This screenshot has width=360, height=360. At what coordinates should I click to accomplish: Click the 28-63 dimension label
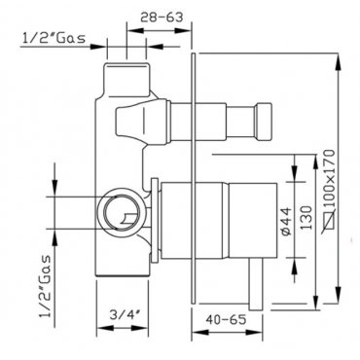coord(162,18)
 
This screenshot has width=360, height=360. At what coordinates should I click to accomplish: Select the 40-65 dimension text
coord(226,319)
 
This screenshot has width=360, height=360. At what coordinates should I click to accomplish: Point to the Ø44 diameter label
coord(286,221)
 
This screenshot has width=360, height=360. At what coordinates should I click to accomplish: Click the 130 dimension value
coord(306,218)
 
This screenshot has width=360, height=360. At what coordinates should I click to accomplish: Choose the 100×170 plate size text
coord(329,178)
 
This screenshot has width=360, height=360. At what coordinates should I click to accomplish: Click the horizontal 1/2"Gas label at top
coord(54,38)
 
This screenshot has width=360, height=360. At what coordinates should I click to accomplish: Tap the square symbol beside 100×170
coord(329,221)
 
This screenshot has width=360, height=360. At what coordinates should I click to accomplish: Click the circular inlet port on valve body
coord(121,212)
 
